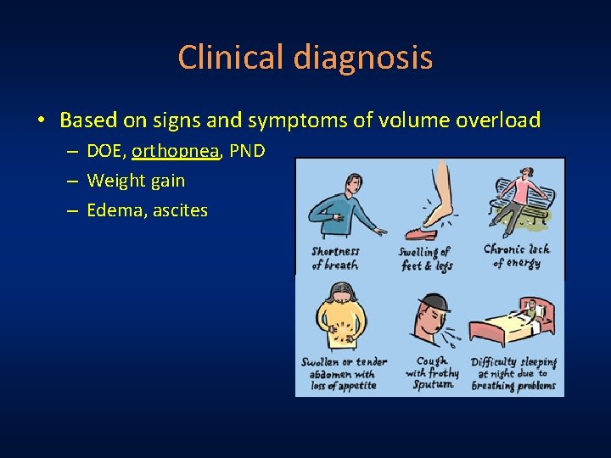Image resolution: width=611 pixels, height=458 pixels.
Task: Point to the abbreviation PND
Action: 246,151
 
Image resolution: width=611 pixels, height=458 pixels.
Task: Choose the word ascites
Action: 180,210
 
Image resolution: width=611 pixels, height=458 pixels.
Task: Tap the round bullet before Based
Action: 42,120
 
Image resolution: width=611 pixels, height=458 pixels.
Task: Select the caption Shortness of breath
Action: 336,258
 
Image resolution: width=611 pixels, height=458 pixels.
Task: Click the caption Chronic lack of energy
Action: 516,255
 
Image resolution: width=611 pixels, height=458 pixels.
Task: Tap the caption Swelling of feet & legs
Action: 425,259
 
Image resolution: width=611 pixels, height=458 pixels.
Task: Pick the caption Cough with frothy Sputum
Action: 432,372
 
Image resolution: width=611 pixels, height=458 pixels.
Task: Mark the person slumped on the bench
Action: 515,199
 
